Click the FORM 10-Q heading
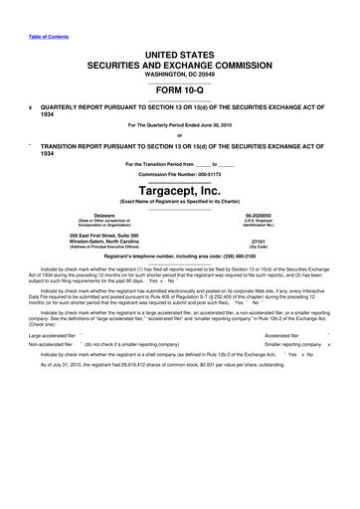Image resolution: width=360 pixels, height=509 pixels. click(x=180, y=86)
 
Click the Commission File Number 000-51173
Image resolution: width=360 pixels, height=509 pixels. click(x=180, y=171)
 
